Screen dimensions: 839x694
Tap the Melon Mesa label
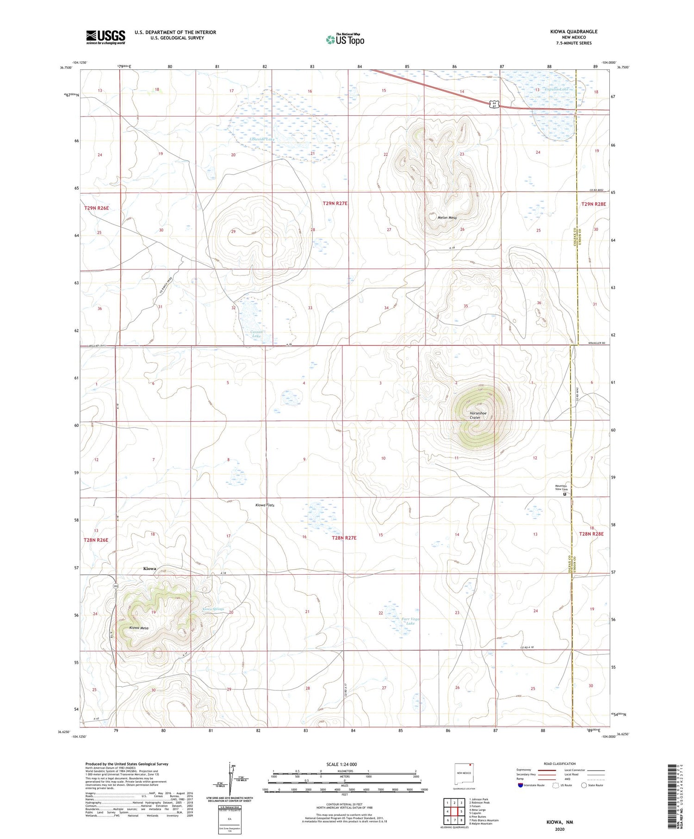(447, 218)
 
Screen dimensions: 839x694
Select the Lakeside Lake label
(262, 139)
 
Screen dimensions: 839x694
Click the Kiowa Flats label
(265, 505)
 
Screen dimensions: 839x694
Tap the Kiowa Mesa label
(139, 628)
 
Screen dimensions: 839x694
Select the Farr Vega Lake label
(408, 621)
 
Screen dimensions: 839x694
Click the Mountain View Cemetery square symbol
(564, 494)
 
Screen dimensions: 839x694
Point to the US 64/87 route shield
(494, 105)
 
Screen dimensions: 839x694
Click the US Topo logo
(345, 40)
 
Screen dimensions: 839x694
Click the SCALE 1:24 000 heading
(341, 764)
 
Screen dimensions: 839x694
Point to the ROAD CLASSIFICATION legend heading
(559, 764)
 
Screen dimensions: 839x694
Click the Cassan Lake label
(256, 334)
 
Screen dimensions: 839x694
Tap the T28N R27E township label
(344, 538)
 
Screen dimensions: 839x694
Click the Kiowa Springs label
(213, 609)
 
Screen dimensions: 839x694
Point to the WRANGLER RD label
(595, 343)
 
